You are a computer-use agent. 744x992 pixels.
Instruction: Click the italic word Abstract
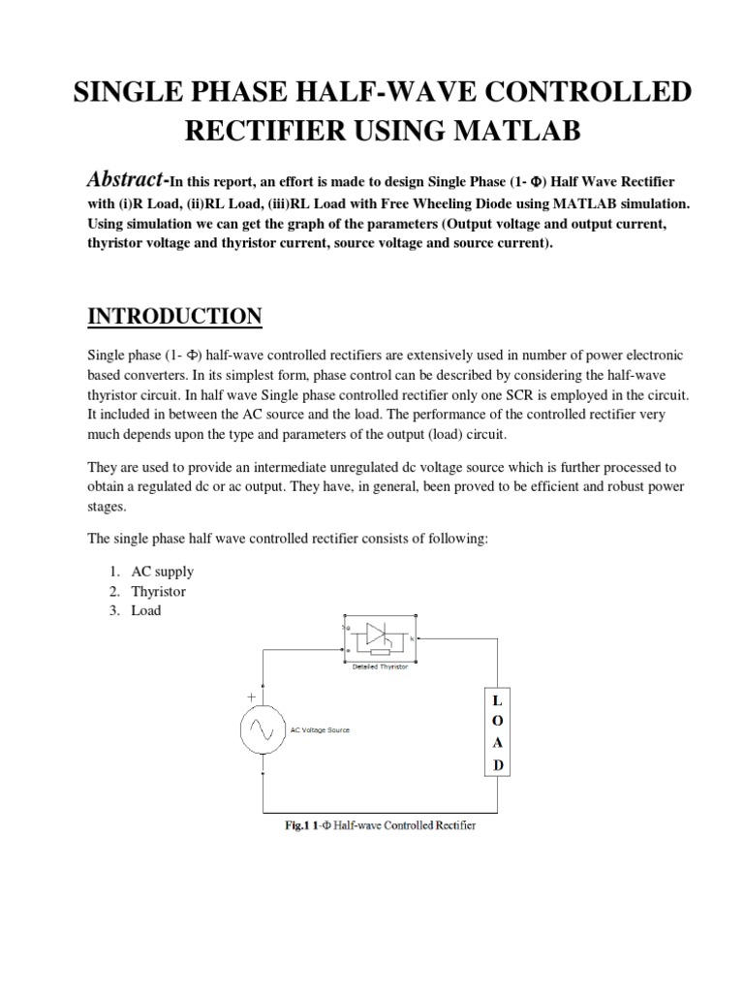click(x=127, y=179)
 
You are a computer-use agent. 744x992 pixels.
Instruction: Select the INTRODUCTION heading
click(x=174, y=317)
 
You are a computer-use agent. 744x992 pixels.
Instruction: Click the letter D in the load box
click(x=498, y=765)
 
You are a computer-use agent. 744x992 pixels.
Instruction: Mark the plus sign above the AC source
click(x=252, y=696)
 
